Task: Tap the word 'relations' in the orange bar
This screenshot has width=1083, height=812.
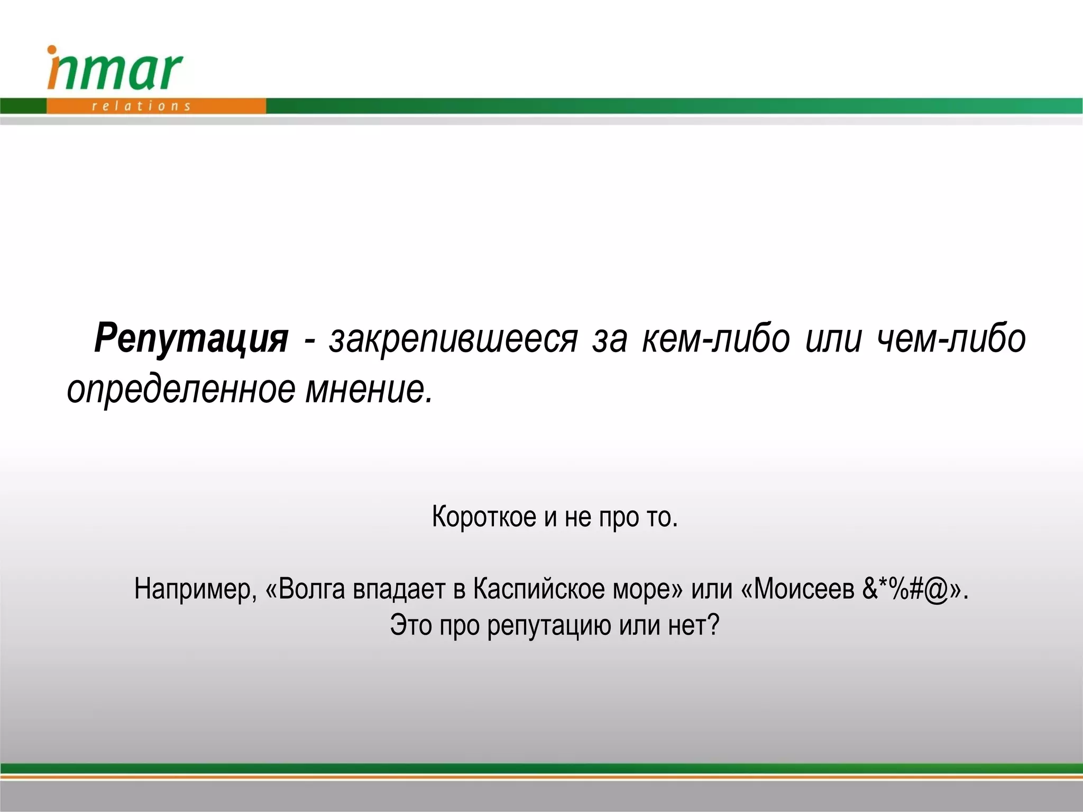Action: (x=141, y=106)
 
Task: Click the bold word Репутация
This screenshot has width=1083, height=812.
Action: (x=191, y=338)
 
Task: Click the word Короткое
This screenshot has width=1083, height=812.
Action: (x=484, y=516)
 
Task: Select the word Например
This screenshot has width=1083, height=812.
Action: (x=195, y=589)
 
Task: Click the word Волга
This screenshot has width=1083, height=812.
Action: (x=311, y=589)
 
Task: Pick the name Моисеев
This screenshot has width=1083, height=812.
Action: (x=804, y=589)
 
